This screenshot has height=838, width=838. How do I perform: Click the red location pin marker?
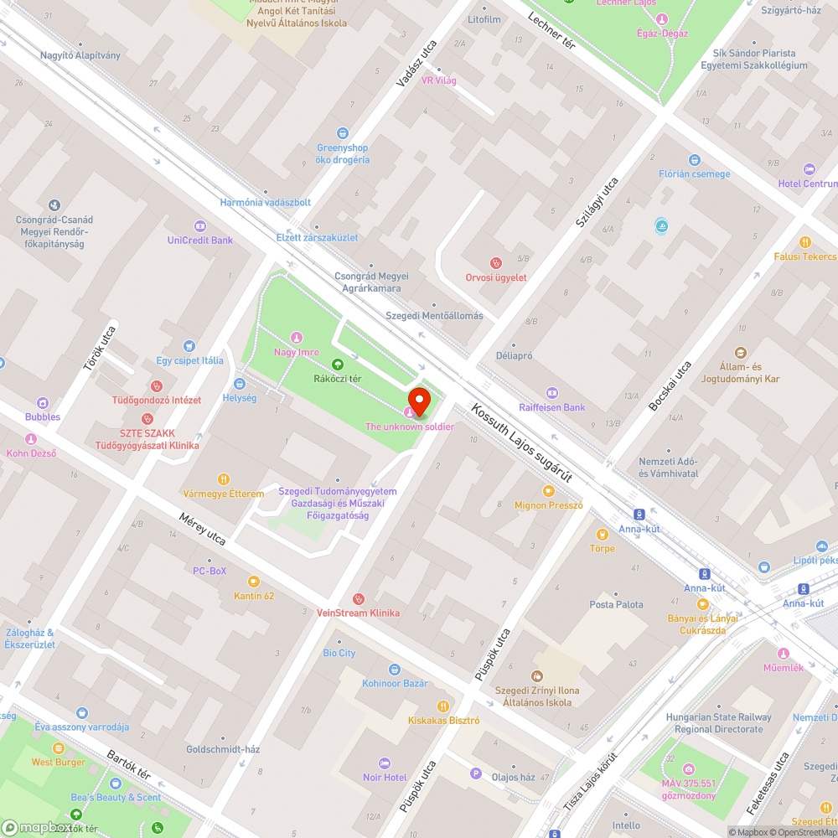pyautogui.click(x=418, y=402)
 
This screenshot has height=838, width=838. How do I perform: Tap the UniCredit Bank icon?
pyautogui.click(x=200, y=225)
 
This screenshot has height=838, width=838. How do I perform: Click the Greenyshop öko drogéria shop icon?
pyautogui.click(x=342, y=133)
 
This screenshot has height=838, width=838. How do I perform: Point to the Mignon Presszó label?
pyautogui.click(x=548, y=505)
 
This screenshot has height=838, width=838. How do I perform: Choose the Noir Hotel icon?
pyautogui.click(x=385, y=763)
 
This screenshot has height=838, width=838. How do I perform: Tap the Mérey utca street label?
pyautogui.click(x=202, y=530)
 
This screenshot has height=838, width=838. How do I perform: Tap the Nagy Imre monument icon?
pyautogui.click(x=296, y=337)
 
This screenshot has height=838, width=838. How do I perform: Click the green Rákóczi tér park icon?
pyautogui.click(x=337, y=364)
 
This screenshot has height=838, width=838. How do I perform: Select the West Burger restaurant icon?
pyautogui.click(x=59, y=748)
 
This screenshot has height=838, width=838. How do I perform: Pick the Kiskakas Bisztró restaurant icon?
pyautogui.click(x=443, y=706)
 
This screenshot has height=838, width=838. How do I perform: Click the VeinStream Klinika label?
pyautogui.click(x=358, y=613)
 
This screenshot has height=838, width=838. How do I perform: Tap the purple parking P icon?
pyautogui.click(x=477, y=773)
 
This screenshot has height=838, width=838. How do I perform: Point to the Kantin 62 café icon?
pyautogui.click(x=253, y=582)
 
